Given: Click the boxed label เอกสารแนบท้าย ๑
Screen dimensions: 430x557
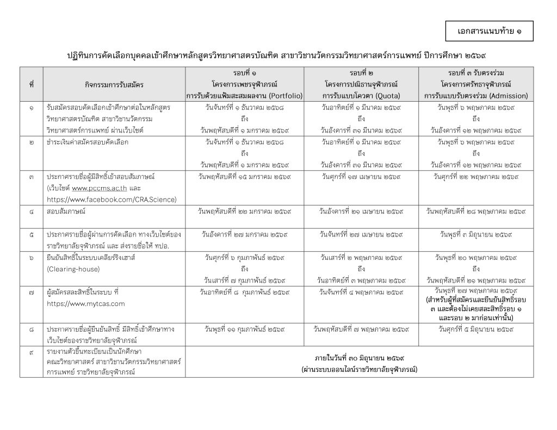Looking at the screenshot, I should click(x=489, y=32).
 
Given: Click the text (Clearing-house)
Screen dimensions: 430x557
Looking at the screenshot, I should click(x=71, y=269).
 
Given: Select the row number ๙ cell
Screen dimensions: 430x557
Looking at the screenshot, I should click(x=32, y=352).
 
